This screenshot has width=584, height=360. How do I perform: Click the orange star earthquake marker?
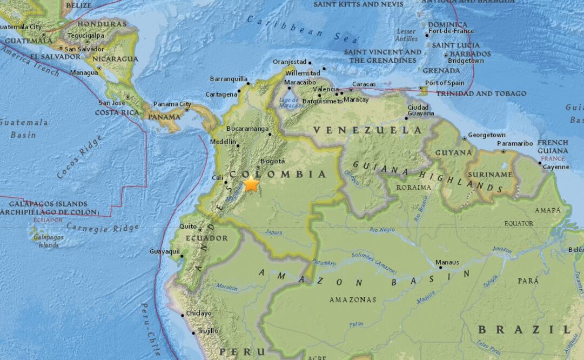tap(251, 184)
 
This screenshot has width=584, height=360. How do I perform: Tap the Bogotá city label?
tap(272, 161)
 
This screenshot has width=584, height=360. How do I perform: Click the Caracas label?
tap(364, 84)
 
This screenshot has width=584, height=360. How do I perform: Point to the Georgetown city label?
tap(487, 135)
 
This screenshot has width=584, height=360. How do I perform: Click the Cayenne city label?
tap(556, 167)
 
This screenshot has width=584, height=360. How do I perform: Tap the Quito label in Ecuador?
tap(188, 226)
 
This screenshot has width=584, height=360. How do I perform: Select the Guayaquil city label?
tap(164, 251)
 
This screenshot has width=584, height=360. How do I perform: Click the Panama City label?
tap(172, 104)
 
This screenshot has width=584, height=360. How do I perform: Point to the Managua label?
tap(84, 72)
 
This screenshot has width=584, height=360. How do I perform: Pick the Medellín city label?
tap(223, 142)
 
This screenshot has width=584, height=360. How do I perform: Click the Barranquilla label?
tap(228, 78)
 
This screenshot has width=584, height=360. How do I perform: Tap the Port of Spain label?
tap(445, 83)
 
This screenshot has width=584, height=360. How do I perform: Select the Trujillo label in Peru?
tap(208, 331)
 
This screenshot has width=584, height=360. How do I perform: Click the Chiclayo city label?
tap(199, 314)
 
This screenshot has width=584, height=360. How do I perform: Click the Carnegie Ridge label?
tap(103, 228)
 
